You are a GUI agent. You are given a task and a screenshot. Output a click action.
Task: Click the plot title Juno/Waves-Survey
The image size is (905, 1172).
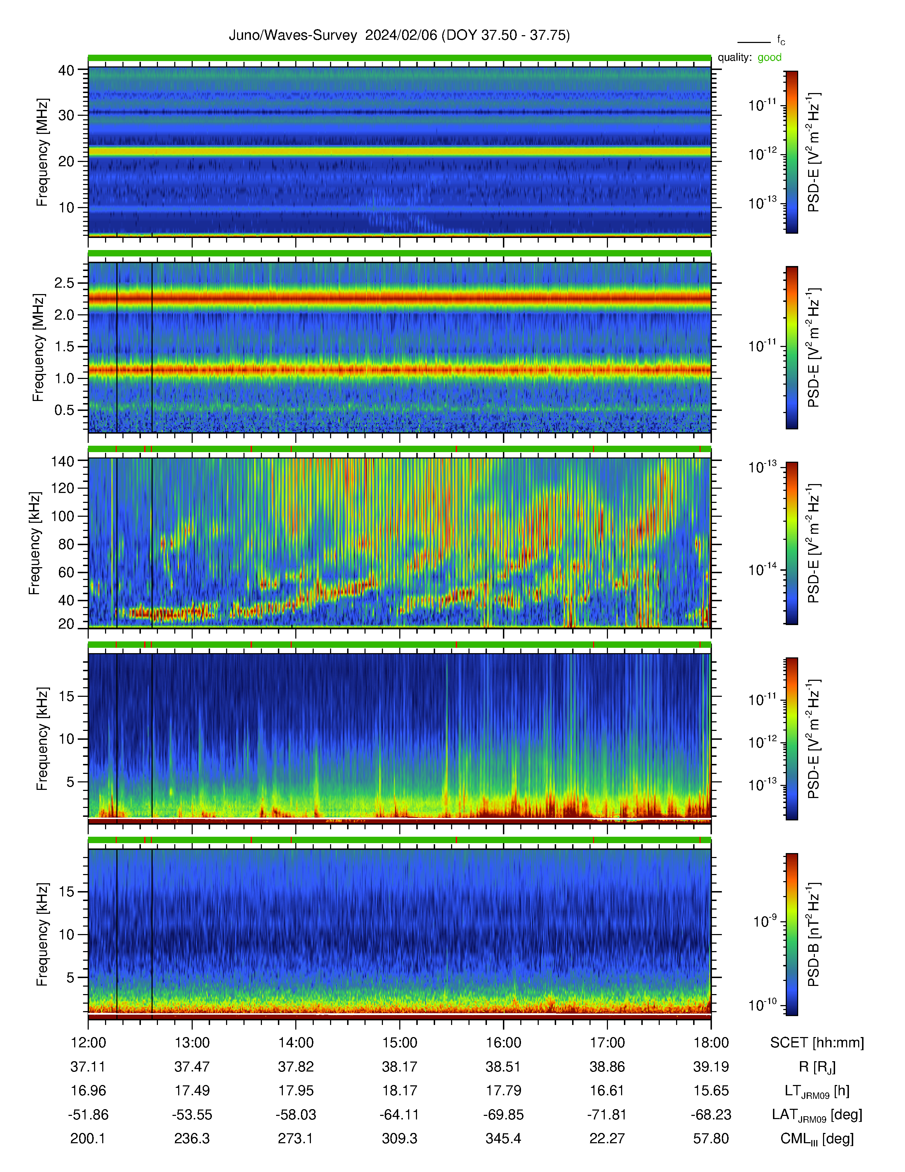click(293, 36)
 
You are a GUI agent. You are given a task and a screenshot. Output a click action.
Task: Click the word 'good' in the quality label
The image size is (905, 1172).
click(769, 58)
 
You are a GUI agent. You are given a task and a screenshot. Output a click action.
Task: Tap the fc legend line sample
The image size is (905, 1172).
click(754, 42)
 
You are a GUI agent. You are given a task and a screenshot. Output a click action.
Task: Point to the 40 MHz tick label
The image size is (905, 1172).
click(66, 70)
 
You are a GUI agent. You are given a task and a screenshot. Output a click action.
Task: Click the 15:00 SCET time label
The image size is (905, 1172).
click(399, 1043)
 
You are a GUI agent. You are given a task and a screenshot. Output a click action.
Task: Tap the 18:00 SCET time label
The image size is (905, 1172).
click(711, 1043)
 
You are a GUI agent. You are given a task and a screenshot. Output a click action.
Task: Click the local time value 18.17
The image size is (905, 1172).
click(399, 1091)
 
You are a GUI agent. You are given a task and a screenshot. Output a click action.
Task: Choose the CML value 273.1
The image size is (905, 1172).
click(295, 1138)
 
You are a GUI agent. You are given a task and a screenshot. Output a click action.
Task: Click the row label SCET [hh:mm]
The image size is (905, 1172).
click(817, 1043)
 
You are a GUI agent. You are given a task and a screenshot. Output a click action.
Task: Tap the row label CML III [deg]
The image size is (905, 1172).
click(817, 1139)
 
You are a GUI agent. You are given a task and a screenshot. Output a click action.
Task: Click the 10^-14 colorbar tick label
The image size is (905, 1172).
click(763, 569)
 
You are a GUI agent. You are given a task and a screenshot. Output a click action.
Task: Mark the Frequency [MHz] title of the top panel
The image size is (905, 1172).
click(42, 152)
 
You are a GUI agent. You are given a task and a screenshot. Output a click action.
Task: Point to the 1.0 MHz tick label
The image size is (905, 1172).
click(64, 378)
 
